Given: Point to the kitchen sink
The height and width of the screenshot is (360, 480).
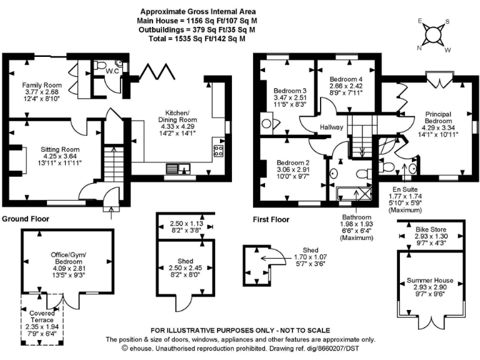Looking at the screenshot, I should pyautogui.click(x=182, y=168).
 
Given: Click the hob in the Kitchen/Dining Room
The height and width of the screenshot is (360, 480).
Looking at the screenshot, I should pyautogui.click(x=219, y=150).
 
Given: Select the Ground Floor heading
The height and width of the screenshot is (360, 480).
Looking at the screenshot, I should pyautogui.click(x=26, y=219).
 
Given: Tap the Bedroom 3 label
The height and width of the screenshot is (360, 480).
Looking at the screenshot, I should pyautogui.click(x=286, y=91).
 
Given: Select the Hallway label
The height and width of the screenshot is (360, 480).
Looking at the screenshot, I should pyautogui.click(x=331, y=127).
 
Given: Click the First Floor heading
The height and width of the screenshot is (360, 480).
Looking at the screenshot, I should pyautogui.click(x=271, y=219).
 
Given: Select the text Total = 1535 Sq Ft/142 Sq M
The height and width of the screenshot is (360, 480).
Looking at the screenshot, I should pyautogui.click(x=197, y=38).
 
